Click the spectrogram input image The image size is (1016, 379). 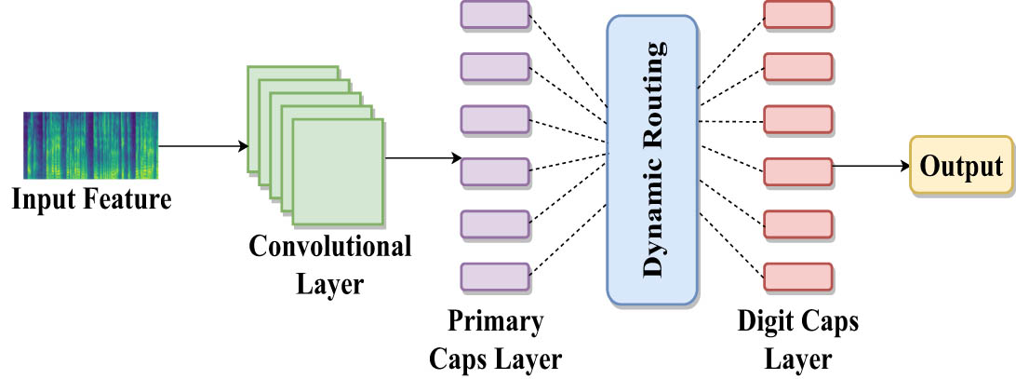90,144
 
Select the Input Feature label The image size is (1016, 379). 92,200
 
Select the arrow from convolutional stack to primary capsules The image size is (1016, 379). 421,158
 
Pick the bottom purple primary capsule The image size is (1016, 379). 495,277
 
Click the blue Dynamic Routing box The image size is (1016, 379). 652,160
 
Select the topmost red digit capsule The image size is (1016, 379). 797,13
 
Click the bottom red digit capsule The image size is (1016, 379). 797,277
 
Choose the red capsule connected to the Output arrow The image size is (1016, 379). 797,171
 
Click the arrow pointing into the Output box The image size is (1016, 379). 870,168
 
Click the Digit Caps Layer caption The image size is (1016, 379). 797,340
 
